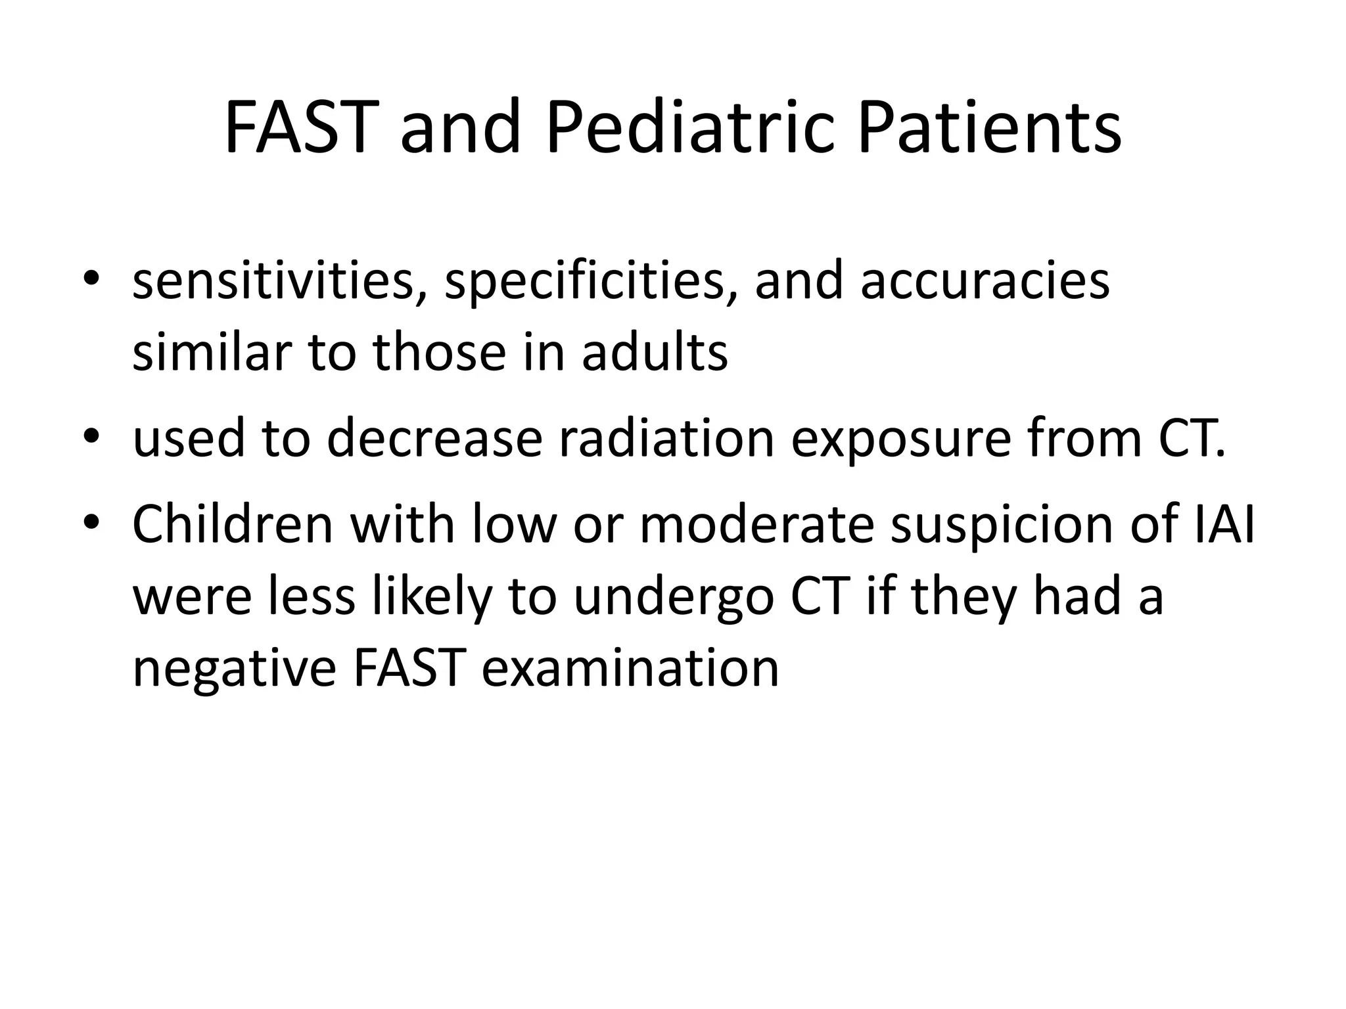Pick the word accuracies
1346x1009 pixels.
click(985, 280)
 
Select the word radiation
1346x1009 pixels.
click(666, 438)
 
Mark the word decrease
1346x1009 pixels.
click(434, 438)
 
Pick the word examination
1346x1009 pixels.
click(630, 668)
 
